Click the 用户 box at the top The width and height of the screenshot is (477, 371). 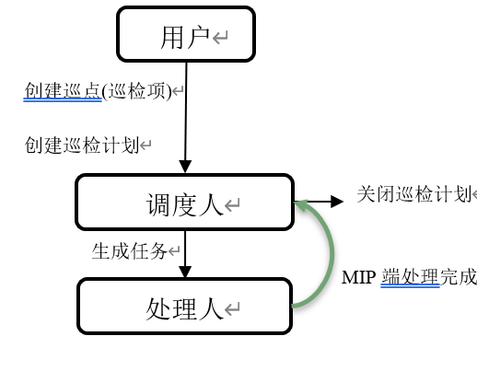coord(186,34)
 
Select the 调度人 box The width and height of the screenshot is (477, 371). coord(185,202)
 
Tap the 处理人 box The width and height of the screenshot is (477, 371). coord(184,306)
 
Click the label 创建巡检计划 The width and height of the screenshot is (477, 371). coord(82,145)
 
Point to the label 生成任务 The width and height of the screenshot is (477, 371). coord(130,251)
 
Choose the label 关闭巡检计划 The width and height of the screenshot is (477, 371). coord(414,194)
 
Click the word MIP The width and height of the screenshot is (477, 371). coord(358,277)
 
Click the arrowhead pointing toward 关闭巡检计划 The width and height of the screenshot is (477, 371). coord(337,202)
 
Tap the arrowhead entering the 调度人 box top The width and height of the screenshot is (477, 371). coord(185,167)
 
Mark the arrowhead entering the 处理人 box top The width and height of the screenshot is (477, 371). coord(185,272)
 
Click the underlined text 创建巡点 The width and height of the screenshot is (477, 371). coord(63,91)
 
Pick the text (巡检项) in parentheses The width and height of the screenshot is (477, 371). coord(136,91)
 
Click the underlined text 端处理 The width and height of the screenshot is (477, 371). coord(411,277)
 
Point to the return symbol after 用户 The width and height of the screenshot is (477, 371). coord(220,38)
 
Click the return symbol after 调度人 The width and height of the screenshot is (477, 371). coord(232,205)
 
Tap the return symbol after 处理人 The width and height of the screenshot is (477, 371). coord(232,309)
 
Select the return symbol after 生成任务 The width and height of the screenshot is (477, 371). coord(174,251)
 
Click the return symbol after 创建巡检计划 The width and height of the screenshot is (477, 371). coord(145,145)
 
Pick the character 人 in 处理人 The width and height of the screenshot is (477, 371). coord(211,309)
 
